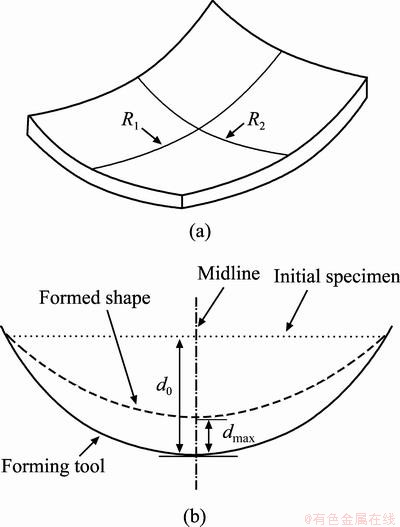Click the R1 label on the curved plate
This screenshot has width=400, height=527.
point(130,120)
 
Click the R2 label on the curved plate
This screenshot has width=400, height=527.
point(256,122)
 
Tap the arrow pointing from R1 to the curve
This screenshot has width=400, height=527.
point(151,135)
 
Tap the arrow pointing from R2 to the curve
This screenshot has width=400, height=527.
point(235,130)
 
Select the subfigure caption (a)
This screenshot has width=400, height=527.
point(200,232)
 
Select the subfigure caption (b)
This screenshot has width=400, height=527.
point(195,516)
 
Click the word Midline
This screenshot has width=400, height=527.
point(229,273)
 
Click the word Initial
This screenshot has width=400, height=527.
point(297,277)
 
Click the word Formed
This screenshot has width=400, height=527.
point(67,297)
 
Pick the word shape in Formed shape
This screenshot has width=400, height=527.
point(124,299)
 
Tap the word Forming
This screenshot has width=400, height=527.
point(33,467)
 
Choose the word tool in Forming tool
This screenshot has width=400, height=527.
point(87,466)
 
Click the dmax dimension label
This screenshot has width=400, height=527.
point(238,435)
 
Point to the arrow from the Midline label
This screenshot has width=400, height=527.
point(210,307)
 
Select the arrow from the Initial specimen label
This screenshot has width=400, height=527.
point(296,310)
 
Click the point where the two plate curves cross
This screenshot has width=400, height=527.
point(199,128)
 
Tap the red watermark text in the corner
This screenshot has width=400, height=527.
point(351,518)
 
